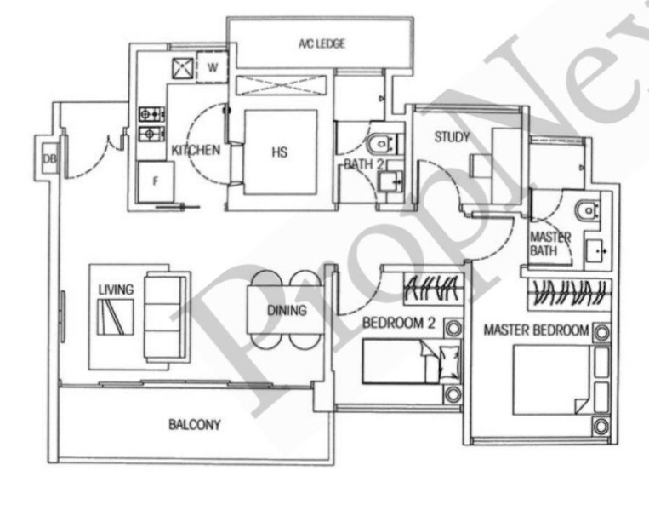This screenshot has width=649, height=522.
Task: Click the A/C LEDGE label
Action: click(x=322, y=43)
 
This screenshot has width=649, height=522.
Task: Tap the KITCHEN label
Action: click(x=196, y=151)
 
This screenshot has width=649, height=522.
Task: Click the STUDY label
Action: click(x=452, y=137)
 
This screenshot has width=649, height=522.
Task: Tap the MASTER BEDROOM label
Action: click(x=535, y=330)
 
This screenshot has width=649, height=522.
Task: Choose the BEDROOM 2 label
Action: click(x=399, y=324)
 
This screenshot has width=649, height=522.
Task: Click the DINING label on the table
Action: click(x=286, y=311)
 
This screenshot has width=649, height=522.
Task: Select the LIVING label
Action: click(x=115, y=290)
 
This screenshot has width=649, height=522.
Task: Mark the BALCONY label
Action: click(x=194, y=424)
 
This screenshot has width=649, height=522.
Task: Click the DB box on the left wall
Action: click(x=48, y=158)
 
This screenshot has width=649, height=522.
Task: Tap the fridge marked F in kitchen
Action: click(x=156, y=181)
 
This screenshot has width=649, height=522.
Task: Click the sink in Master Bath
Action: click(x=599, y=250)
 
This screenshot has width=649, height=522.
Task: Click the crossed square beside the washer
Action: click(x=183, y=67)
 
